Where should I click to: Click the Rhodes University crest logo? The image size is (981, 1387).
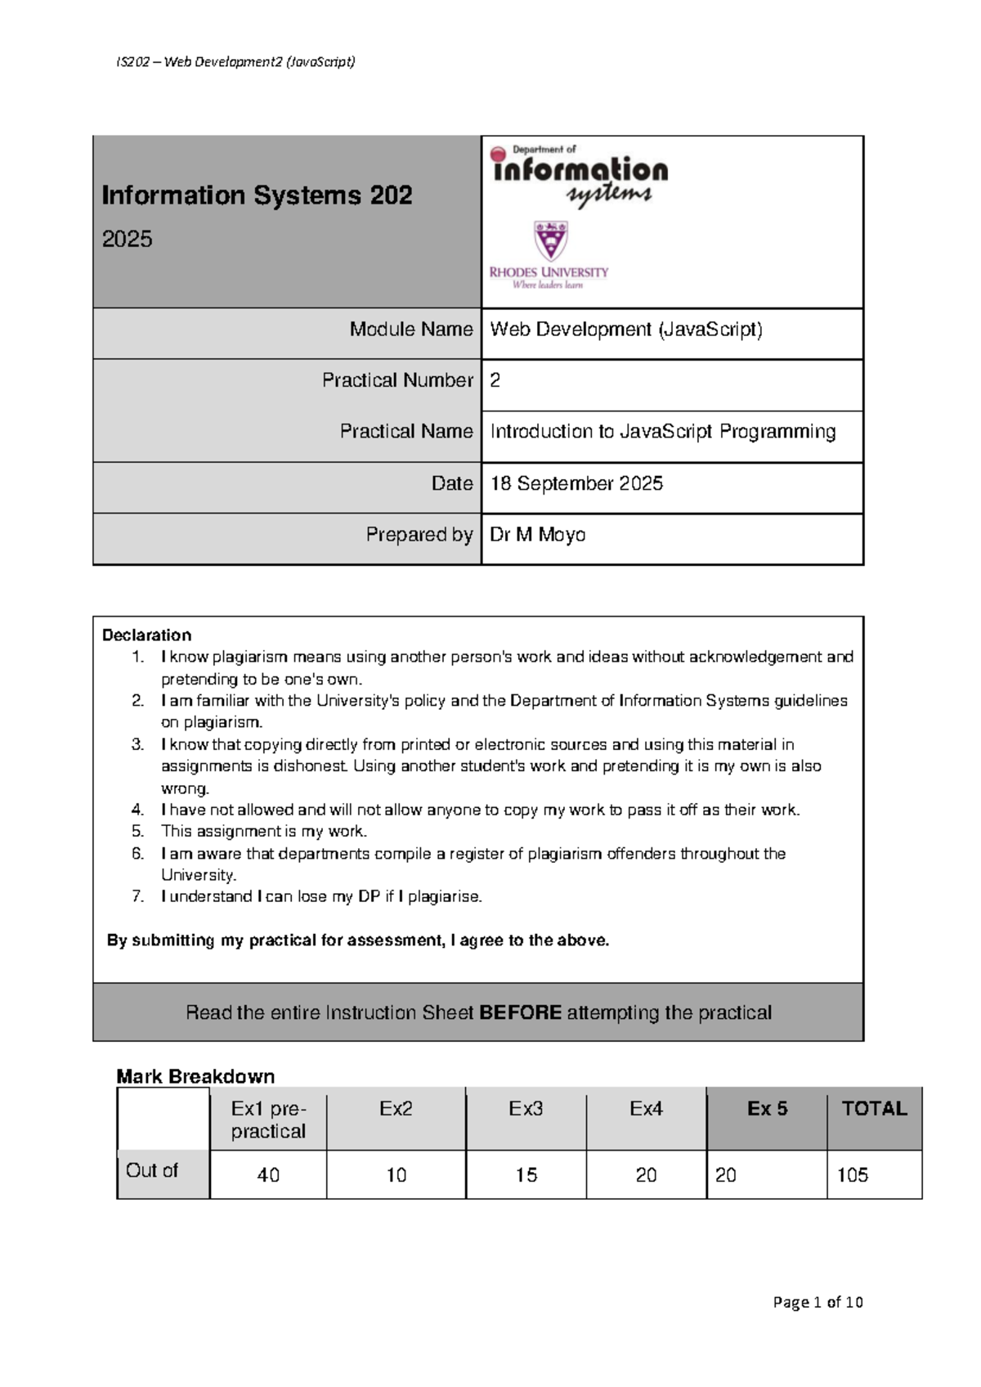pos(550,241)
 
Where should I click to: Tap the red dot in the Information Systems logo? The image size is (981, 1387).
pos(498,154)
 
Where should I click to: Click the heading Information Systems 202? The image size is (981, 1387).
pos(257,195)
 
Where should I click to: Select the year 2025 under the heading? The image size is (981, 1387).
pos(127,240)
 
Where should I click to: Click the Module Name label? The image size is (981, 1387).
pos(411,330)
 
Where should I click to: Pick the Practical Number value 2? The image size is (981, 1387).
pos(495,380)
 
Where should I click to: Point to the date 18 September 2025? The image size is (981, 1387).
pos(576,483)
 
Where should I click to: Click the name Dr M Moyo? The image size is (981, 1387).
pos(537,535)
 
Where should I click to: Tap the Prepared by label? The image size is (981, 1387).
pos(419,535)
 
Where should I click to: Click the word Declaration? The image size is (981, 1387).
pos(146,635)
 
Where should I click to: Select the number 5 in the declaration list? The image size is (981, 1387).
pos(137,832)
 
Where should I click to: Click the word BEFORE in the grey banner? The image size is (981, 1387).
pos(520,1013)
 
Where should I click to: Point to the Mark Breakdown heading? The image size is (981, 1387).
pos(195,1076)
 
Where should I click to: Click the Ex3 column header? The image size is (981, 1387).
pos(526,1109)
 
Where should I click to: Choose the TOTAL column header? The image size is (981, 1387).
pos(874,1109)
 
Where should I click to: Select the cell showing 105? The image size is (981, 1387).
pos(852,1175)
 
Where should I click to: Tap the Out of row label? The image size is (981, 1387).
pos(152,1171)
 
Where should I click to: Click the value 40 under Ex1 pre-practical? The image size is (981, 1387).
pos(268,1175)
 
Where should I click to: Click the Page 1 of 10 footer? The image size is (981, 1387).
pos(817,1302)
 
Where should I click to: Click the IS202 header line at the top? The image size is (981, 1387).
pos(235,62)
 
